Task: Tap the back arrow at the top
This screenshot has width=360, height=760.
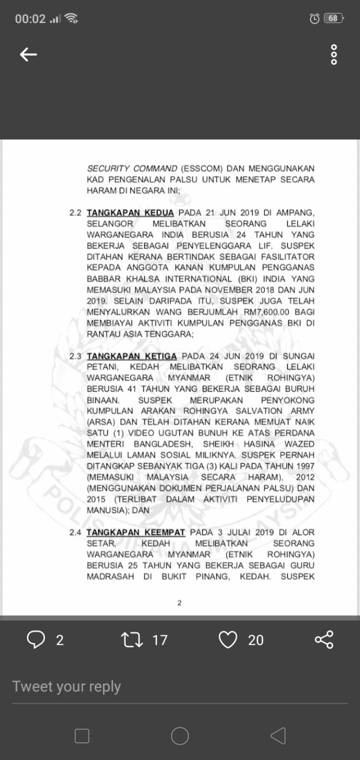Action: coord(28,54)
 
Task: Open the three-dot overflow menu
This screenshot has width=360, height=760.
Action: coord(334,54)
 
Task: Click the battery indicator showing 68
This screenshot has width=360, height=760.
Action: coord(333,18)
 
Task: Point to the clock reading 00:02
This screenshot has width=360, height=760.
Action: coord(30,19)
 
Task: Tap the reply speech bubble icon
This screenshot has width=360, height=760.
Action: coord(36,640)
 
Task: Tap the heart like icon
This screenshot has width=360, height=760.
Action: coord(228,640)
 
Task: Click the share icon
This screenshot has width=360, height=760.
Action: coord(324,640)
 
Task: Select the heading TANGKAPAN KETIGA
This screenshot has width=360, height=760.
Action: coord(132,356)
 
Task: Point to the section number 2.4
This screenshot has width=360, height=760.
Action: coord(75,532)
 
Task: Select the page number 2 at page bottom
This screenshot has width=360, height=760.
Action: coord(179,603)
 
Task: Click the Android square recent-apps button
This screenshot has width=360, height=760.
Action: coord(82,736)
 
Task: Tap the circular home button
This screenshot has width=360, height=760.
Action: coord(180,736)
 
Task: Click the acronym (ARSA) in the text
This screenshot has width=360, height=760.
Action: coord(100,422)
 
